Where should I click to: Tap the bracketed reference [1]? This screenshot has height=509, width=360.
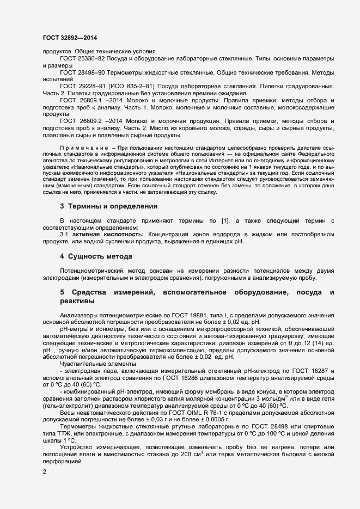pos(225,220)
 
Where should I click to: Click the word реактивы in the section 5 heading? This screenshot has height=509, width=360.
pos(77,301)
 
